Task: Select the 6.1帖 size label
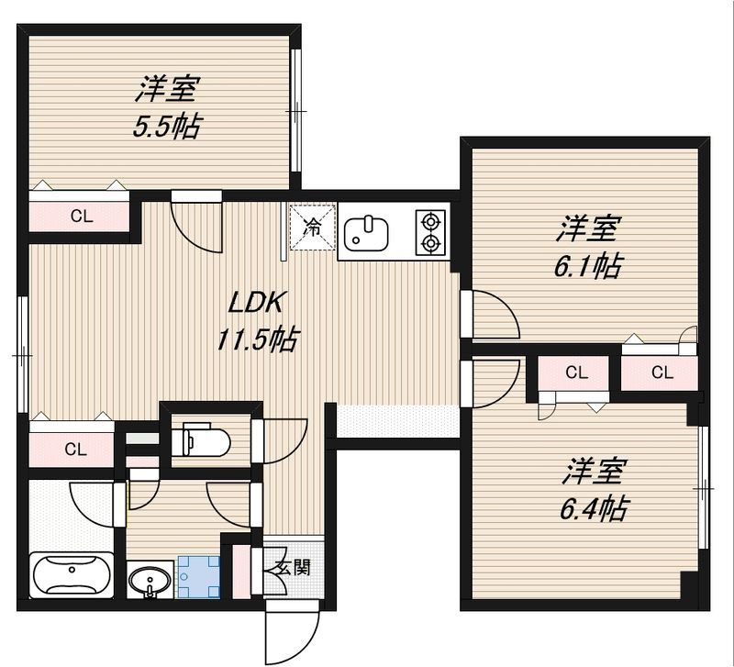[x=587, y=266]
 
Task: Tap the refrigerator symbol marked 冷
[x=312, y=227]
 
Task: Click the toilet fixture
[x=196, y=438]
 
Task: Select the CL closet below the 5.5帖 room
[x=82, y=217]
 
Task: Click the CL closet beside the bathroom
[x=74, y=449]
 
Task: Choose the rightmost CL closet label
[x=662, y=372]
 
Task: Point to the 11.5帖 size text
[x=258, y=341]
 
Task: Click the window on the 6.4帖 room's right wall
[x=706, y=490]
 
